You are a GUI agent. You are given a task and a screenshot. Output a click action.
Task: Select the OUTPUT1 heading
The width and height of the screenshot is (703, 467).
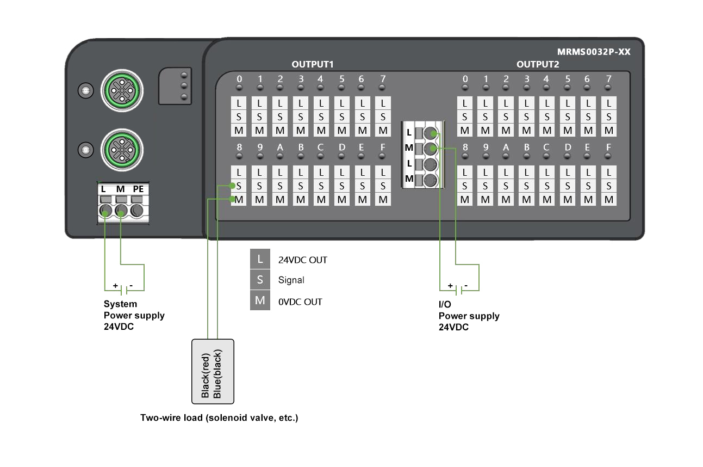(312, 64)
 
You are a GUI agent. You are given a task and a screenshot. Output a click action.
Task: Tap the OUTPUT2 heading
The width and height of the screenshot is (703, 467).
(538, 64)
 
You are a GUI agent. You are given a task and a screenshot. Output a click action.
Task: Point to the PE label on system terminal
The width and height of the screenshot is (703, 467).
(138, 189)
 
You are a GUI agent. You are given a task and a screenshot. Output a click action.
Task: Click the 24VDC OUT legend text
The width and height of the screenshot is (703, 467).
(303, 260)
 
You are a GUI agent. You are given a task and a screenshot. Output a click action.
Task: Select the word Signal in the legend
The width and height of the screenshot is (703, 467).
(291, 280)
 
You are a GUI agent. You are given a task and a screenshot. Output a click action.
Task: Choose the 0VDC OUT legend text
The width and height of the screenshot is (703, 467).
(300, 302)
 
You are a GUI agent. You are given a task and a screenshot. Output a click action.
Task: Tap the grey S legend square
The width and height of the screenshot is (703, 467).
(260, 280)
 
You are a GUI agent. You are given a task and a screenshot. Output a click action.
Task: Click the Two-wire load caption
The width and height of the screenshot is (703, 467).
(219, 418)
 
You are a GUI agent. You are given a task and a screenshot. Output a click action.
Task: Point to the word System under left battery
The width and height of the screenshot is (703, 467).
(120, 304)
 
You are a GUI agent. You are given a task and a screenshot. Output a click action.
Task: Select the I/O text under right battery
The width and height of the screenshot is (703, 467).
(445, 305)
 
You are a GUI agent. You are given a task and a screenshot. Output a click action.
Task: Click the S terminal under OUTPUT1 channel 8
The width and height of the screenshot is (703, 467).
(239, 186)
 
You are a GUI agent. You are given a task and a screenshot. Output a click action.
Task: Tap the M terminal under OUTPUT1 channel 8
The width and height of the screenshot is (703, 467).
(239, 200)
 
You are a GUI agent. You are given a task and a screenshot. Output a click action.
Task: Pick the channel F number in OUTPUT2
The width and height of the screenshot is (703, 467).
(608, 148)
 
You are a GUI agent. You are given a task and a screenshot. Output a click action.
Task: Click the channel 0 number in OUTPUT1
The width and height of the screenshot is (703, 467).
(239, 79)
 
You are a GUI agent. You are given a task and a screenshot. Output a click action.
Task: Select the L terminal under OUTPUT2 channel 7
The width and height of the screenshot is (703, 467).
(609, 103)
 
